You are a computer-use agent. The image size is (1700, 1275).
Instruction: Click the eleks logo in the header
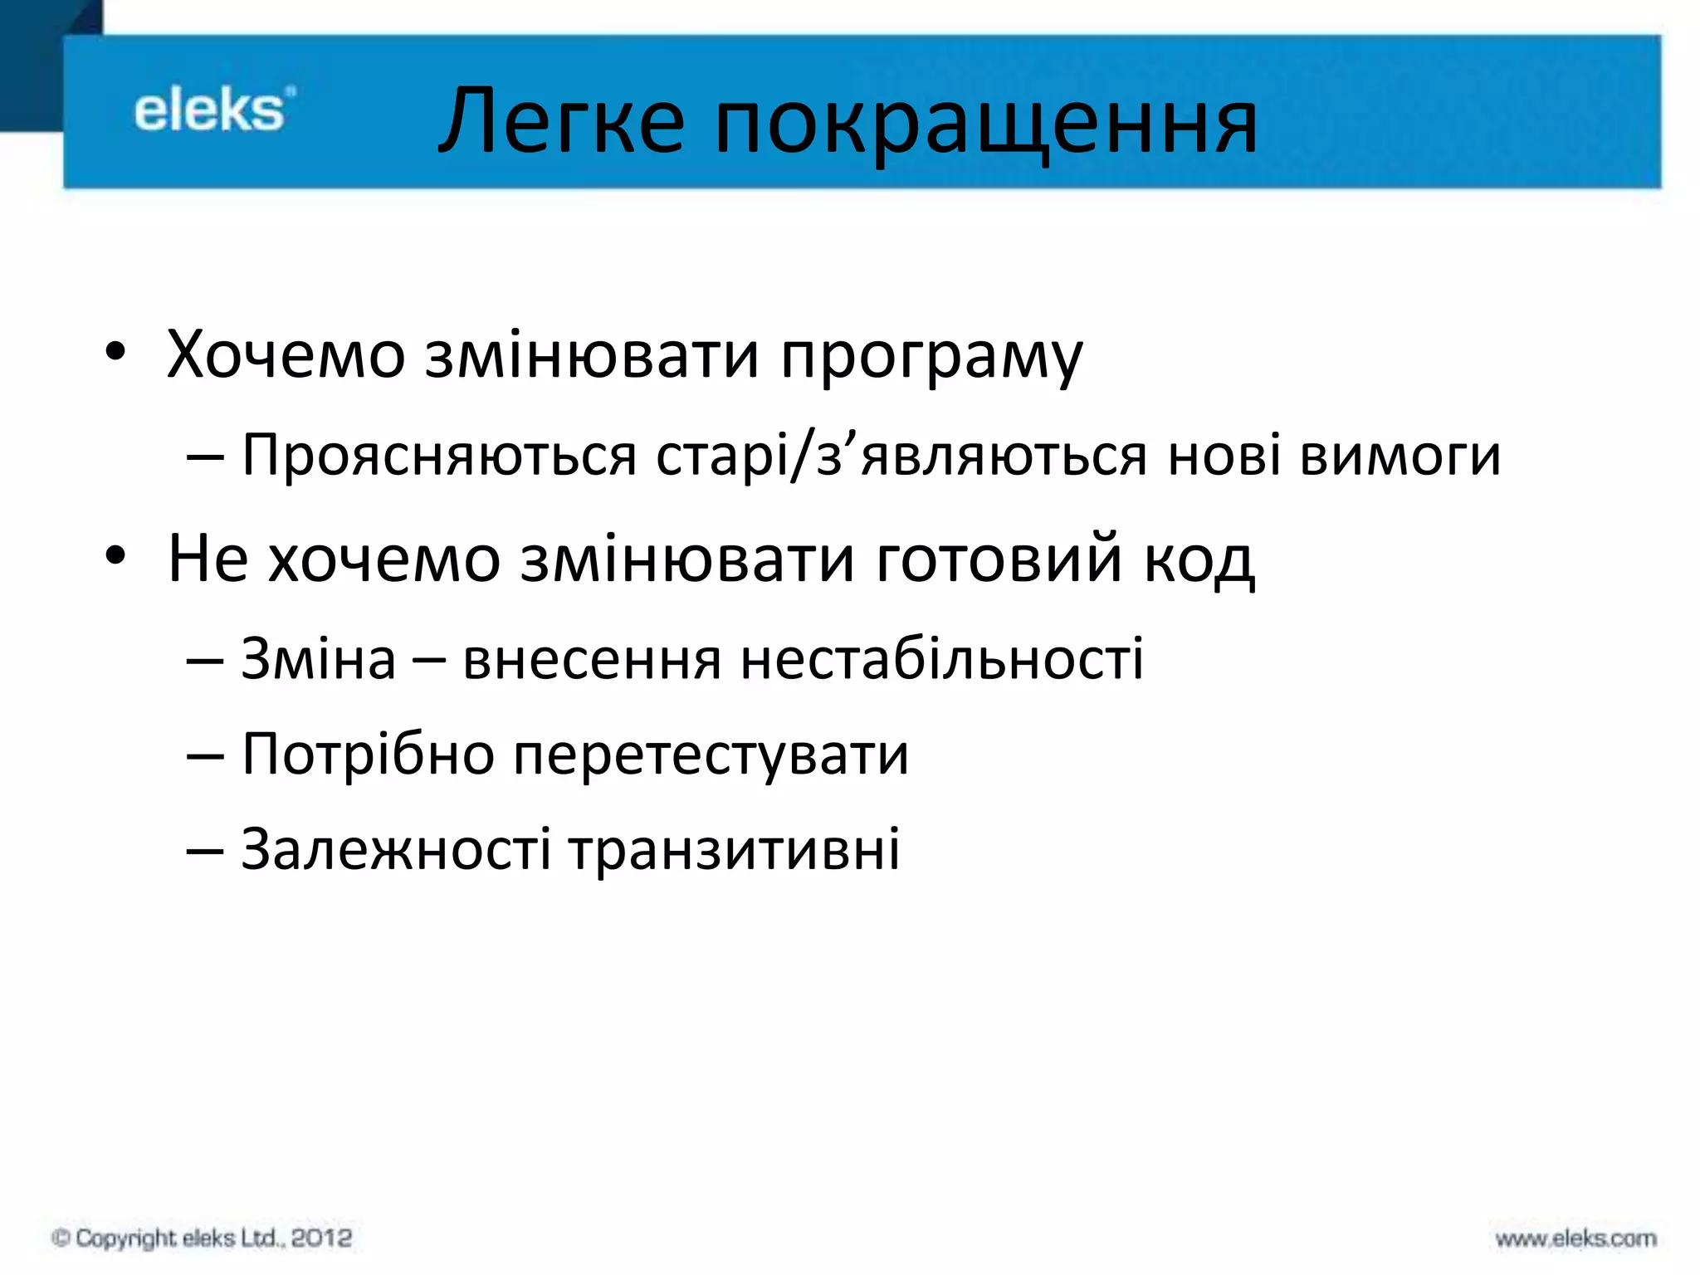(x=212, y=110)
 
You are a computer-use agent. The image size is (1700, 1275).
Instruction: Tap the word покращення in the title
(x=985, y=125)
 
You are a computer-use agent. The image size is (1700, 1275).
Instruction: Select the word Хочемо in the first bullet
(x=286, y=355)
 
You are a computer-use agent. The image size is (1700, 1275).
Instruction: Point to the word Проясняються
(x=439, y=457)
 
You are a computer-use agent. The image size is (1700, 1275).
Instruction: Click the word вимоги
(x=1400, y=457)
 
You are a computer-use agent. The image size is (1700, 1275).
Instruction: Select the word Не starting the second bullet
(x=208, y=559)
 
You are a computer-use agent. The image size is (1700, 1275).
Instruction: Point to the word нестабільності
(x=942, y=659)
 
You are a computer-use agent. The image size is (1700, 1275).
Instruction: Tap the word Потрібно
(x=369, y=755)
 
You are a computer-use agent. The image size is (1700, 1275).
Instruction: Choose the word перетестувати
(x=711, y=755)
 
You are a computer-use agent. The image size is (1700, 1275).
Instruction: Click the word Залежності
(x=396, y=850)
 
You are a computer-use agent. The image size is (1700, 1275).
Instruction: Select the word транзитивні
(x=735, y=850)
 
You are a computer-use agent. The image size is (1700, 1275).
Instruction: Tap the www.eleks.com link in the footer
(x=1575, y=1238)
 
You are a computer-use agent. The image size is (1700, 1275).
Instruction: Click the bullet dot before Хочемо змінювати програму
(x=115, y=352)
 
